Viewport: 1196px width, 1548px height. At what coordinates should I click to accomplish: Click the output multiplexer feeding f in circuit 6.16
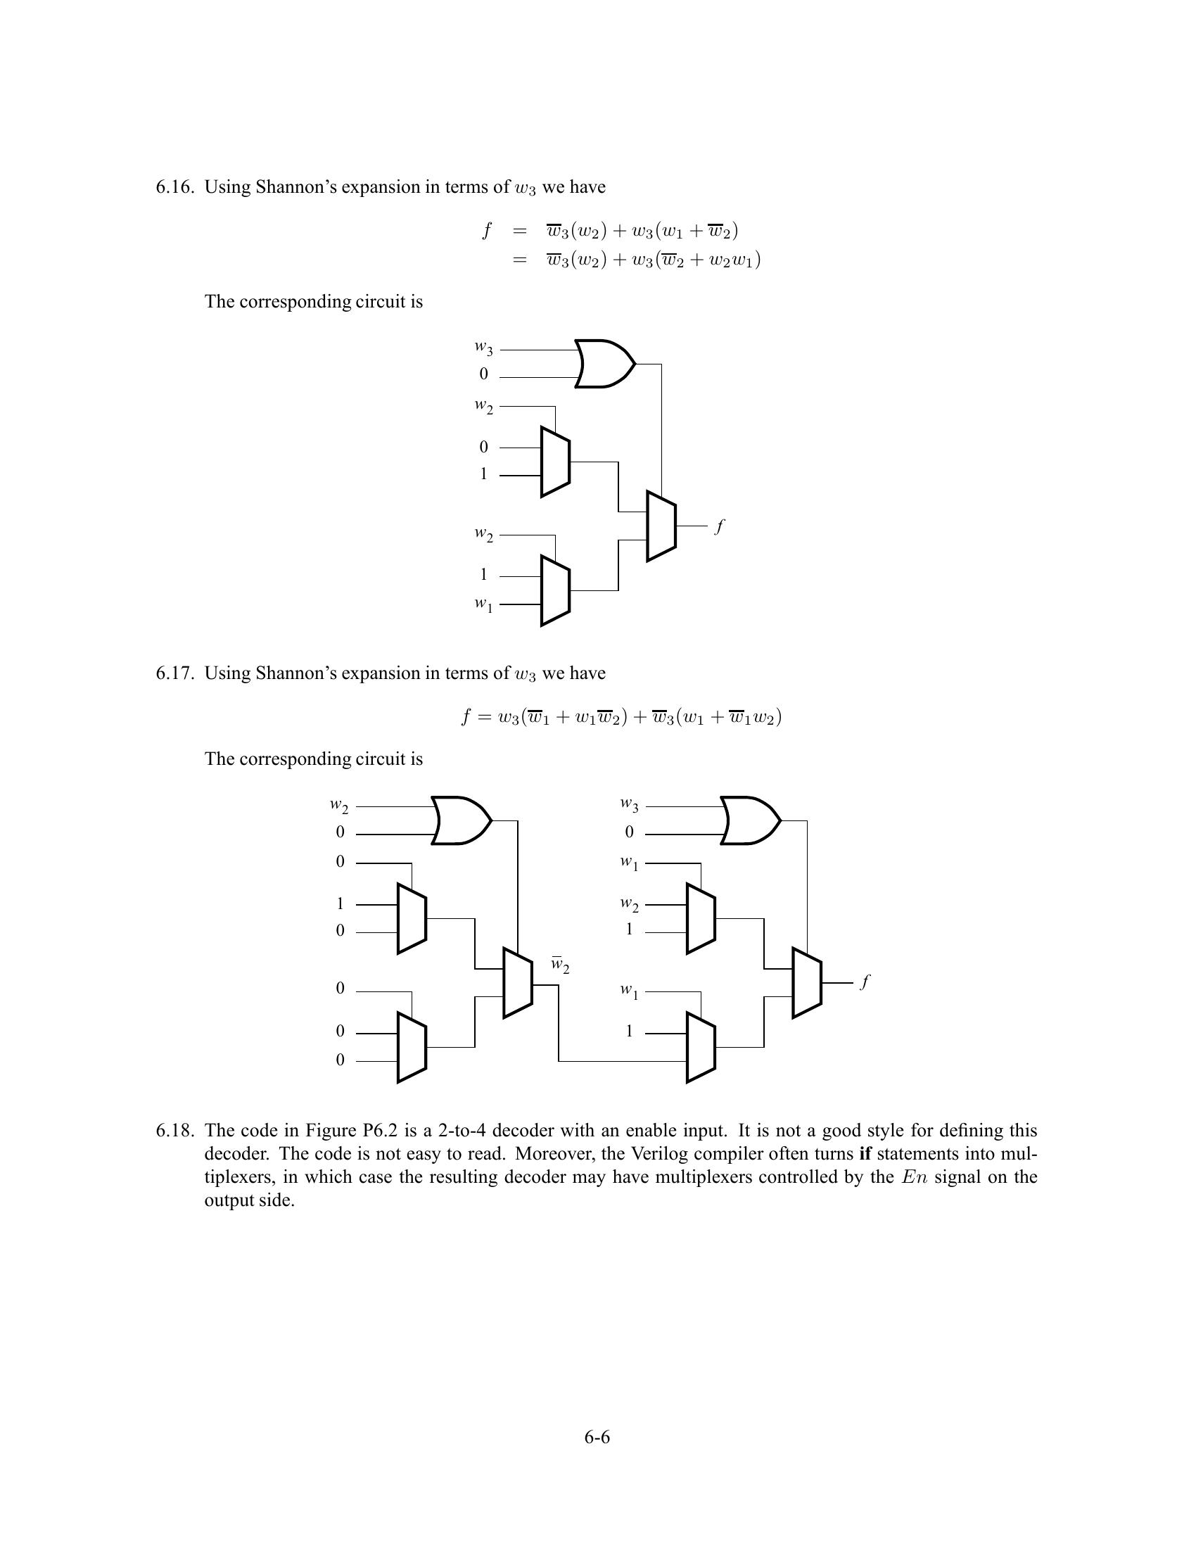click(661, 526)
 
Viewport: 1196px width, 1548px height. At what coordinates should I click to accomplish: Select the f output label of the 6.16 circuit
click(720, 526)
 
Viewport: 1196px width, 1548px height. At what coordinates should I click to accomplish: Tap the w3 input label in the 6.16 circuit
click(484, 348)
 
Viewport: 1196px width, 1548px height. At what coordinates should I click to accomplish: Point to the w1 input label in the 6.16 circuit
click(484, 604)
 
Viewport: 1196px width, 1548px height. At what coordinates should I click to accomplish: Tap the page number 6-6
click(597, 1438)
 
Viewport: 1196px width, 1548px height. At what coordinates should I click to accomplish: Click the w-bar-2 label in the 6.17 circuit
click(560, 965)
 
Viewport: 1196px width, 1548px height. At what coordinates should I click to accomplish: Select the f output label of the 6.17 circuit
click(865, 982)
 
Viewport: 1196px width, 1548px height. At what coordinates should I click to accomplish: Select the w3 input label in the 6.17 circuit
click(629, 804)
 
